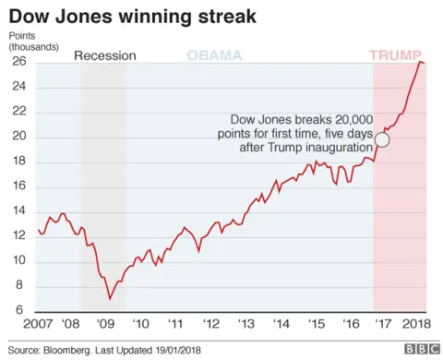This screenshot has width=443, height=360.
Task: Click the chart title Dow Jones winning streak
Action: (x=133, y=17)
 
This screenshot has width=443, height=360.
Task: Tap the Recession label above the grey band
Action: (x=105, y=55)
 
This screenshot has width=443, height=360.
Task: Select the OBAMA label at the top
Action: (x=214, y=55)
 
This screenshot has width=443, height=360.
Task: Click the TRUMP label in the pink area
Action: (x=397, y=55)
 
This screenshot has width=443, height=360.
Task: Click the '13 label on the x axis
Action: (x=245, y=324)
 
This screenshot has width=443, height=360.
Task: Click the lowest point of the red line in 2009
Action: (x=111, y=298)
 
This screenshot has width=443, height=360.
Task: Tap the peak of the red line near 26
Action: (x=420, y=61)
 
